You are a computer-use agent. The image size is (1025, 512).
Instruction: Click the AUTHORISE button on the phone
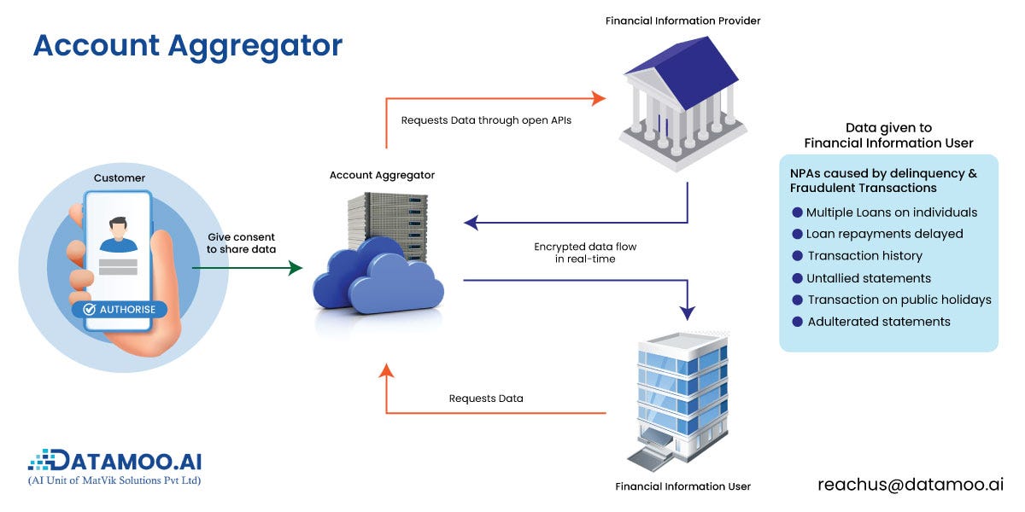pyautogui.click(x=120, y=309)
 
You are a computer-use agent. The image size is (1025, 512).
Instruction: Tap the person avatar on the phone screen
pyautogui.click(x=118, y=235)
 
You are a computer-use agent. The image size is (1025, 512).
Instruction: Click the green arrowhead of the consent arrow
pyautogui.click(x=296, y=268)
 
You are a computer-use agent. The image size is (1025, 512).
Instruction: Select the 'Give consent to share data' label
pyautogui.click(x=241, y=243)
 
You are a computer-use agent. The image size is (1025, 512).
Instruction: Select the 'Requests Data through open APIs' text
pyautogui.click(x=486, y=120)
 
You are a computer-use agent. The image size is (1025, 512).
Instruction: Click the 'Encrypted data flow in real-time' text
pyautogui.click(x=585, y=253)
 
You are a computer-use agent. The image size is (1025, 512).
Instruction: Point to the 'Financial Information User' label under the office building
pyautogui.click(x=682, y=486)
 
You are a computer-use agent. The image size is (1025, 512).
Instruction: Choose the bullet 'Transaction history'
pyautogui.click(x=864, y=255)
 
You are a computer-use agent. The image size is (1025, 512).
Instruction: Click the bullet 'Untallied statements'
pyautogui.click(x=868, y=277)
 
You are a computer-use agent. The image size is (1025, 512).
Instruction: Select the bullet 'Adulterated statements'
pyautogui.click(x=878, y=322)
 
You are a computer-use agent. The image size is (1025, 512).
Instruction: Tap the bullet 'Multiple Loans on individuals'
pyautogui.click(x=891, y=212)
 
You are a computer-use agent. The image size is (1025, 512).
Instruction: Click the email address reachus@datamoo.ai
pyautogui.click(x=910, y=484)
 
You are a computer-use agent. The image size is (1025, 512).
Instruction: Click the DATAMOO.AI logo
pyautogui.click(x=115, y=462)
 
